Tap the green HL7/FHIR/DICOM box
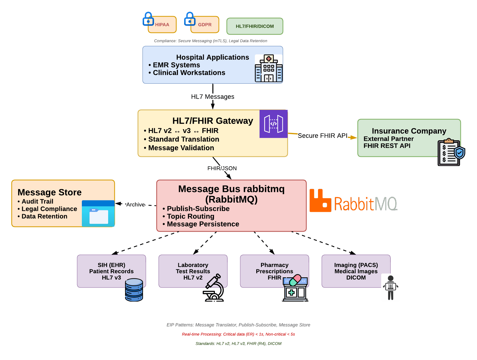pyautogui.click(x=255, y=26)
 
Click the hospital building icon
pyautogui.click(x=269, y=68)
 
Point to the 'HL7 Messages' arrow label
pyautogui.click(x=212, y=97)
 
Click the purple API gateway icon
pyautogui.click(x=274, y=124)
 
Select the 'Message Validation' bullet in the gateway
pyautogui.click(x=181, y=148)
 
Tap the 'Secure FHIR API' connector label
pyautogui.click(x=322, y=136)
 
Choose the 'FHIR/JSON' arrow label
pyautogui.click(x=222, y=168)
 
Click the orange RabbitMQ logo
pyautogui.click(x=353, y=202)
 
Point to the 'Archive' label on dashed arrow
pyautogui.click(x=136, y=205)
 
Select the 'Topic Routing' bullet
pyautogui.click(x=190, y=217)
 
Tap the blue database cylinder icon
pyautogui.click(x=134, y=290)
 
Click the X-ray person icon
pyautogui.click(x=390, y=287)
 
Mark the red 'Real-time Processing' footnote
pyautogui.click(x=238, y=334)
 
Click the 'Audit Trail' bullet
pyautogui.click(x=37, y=201)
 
